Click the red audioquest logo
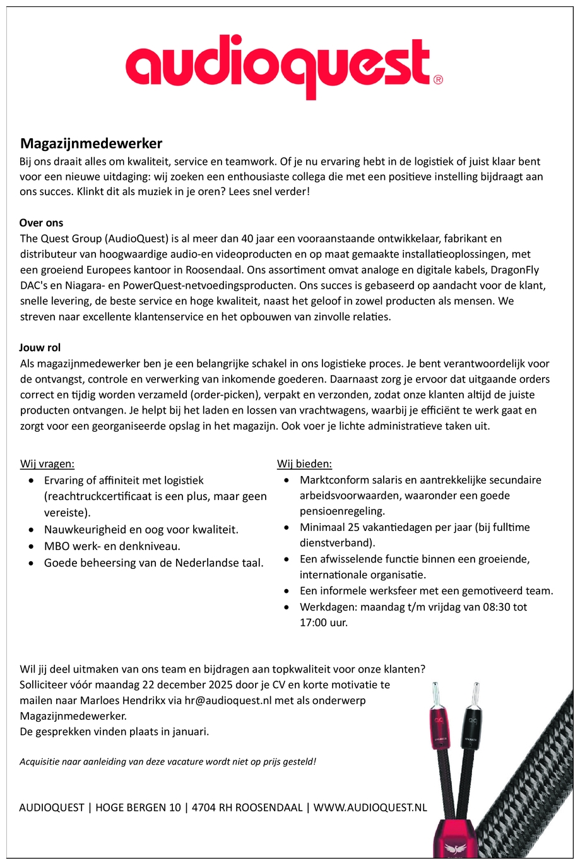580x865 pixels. click(278, 66)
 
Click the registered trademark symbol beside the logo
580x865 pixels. click(438, 80)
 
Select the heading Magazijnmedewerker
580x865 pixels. click(91, 144)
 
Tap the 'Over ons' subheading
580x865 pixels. click(41, 223)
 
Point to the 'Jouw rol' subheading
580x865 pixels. click(40, 348)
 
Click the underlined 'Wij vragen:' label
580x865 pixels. click(47, 464)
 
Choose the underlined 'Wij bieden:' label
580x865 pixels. click(304, 464)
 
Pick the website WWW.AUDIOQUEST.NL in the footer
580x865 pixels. click(370, 808)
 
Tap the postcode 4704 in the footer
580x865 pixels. click(204, 808)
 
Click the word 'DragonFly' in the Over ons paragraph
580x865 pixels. click(515, 270)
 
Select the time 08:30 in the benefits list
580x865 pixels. click(494, 607)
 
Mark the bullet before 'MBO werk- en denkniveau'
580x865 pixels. click(32, 547)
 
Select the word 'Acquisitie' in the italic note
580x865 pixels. click(40, 761)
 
